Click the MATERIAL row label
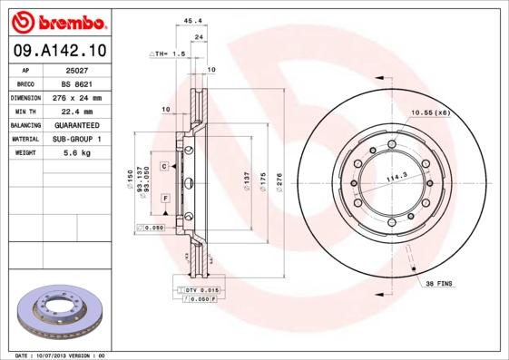pyautogui.click(x=24, y=139)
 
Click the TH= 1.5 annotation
pyautogui.click(x=170, y=54)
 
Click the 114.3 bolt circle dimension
pyautogui.click(x=396, y=178)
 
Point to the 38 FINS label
pyautogui.click(x=440, y=284)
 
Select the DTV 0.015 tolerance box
pyautogui.click(x=195, y=288)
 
